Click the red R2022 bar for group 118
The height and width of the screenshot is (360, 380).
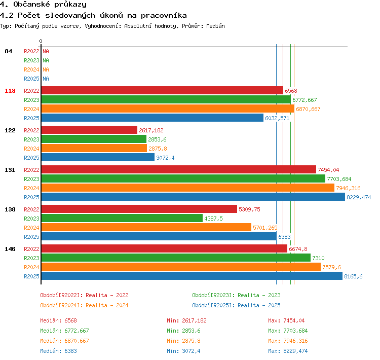(162, 90)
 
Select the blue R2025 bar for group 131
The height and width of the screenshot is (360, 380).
(193, 197)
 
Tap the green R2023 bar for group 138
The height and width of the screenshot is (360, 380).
(122, 219)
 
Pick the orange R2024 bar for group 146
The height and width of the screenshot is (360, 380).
(181, 267)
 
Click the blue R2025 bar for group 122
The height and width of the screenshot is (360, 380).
(98, 158)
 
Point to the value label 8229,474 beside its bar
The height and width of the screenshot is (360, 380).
(359, 197)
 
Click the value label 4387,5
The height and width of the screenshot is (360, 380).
(213, 219)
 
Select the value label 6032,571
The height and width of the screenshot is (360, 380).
(277, 118)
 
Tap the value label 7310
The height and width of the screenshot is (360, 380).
(318, 258)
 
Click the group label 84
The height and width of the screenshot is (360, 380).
(8, 51)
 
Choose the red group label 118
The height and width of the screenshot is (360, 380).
(10, 91)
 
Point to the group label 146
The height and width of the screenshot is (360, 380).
(10, 249)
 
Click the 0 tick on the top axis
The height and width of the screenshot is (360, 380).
(41, 41)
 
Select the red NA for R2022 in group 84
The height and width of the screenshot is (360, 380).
(46, 51)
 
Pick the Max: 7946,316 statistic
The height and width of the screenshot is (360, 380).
(288, 341)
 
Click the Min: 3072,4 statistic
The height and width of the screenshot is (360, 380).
(183, 351)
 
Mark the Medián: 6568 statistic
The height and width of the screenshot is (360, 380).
(58, 320)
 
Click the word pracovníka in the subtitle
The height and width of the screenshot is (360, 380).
(164, 16)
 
